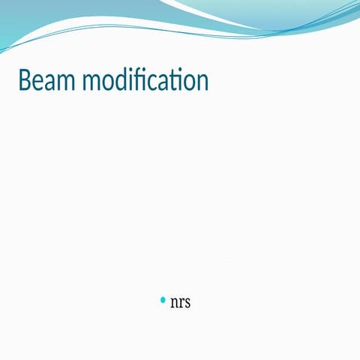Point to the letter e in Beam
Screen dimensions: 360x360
(x=39, y=82)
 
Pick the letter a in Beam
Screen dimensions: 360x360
(x=52, y=82)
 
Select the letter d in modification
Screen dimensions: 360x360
(x=120, y=79)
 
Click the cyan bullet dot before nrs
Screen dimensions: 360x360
(x=163, y=300)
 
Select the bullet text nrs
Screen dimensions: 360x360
(x=180, y=302)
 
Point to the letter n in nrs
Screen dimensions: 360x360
(x=174, y=303)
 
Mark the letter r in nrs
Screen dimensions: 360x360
(x=181, y=303)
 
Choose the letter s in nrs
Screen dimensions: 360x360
(x=187, y=303)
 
